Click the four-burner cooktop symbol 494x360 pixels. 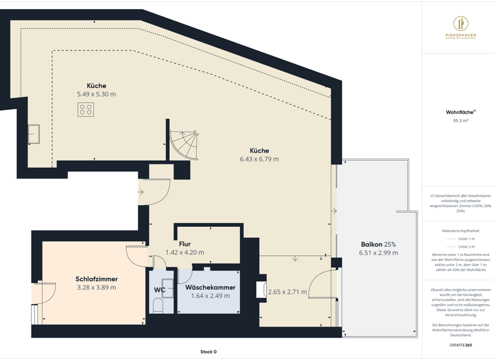click(x=86, y=110)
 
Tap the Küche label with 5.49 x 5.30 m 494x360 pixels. click(x=96, y=85)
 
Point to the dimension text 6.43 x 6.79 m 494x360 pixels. click(x=259, y=159)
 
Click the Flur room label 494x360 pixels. click(x=185, y=244)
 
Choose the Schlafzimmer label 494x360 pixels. click(x=96, y=279)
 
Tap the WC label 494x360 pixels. click(x=160, y=290)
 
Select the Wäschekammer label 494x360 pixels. click(x=210, y=287)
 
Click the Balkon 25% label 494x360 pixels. click(x=378, y=244)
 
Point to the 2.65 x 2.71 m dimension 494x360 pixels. click(x=288, y=292)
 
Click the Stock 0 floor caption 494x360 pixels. click(x=208, y=352)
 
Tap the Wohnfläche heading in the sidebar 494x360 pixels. click(x=460, y=112)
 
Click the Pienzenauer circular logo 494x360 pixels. click(x=461, y=24)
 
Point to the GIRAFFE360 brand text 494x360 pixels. click(x=461, y=345)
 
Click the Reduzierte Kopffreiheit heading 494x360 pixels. click(x=461, y=231)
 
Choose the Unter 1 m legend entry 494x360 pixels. click(x=466, y=239)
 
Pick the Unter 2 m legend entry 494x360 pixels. click(x=466, y=246)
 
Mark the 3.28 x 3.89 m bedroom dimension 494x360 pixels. click(x=96, y=287)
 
